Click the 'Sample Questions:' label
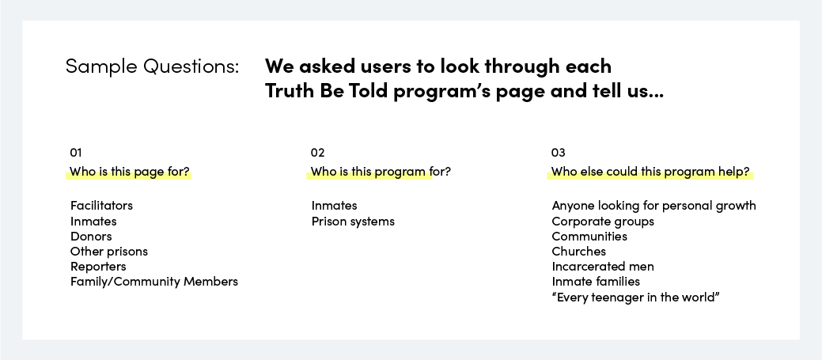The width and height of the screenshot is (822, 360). [152, 67]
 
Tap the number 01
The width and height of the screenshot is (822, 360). [76, 153]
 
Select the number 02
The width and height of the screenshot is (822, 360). [318, 153]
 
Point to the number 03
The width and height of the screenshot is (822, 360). [559, 153]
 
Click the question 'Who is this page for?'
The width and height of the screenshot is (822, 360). [130, 172]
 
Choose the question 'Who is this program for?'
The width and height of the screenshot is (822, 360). [381, 172]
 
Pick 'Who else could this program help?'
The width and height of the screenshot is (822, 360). [650, 172]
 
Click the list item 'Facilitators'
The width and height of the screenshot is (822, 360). [102, 206]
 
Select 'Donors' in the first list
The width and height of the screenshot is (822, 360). [91, 237]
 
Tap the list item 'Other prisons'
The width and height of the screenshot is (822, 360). [109, 252]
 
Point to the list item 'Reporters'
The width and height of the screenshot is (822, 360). [99, 267]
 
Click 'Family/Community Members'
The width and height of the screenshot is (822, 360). [154, 282]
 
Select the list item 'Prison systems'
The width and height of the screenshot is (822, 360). [353, 221]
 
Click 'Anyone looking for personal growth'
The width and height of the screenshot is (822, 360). [653, 206]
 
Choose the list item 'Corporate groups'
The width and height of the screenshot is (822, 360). [603, 221]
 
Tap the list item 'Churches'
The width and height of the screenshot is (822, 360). [579, 252]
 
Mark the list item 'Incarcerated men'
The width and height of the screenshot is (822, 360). [603, 267]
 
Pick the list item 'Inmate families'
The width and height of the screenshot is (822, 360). [596, 282]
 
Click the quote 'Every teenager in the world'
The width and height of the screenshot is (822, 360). [636, 297]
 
